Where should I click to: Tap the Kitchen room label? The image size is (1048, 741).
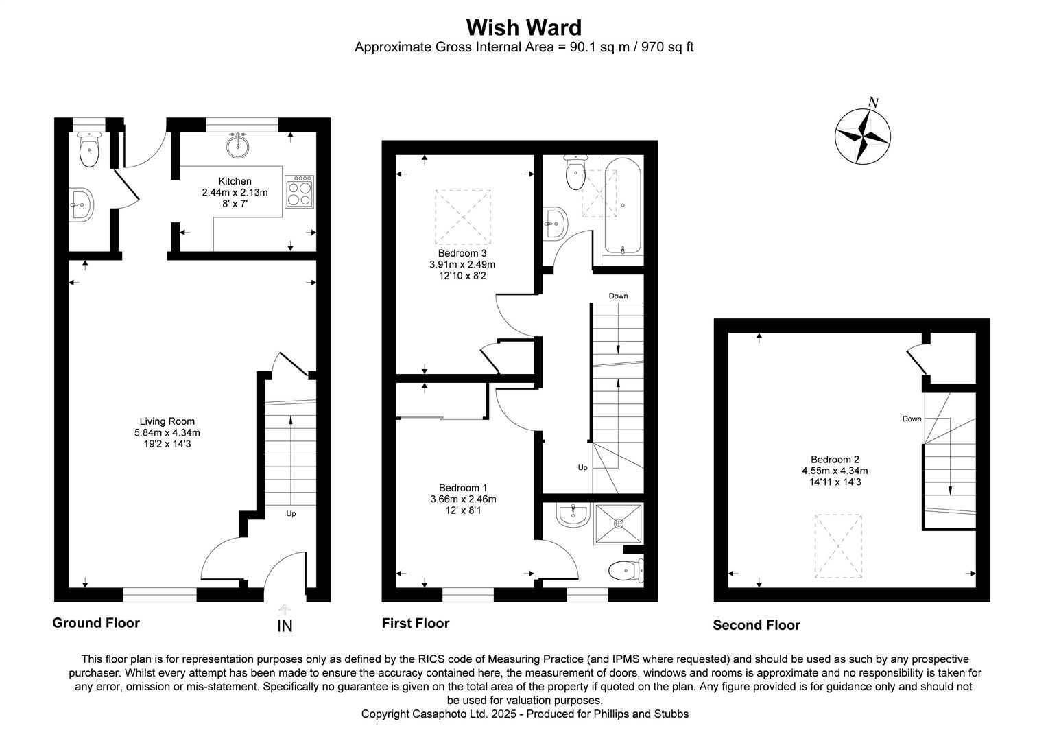pos(235,181)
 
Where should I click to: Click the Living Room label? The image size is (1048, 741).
pos(167,421)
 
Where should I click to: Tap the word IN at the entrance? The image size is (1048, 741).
pos(285,626)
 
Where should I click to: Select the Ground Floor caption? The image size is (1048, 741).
pos(96,623)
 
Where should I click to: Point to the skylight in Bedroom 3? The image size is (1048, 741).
pos(463,217)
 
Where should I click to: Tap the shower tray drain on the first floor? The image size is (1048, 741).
pos(619,524)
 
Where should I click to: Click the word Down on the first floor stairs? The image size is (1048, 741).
pos(618,296)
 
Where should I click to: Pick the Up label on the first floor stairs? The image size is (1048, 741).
pos(582,467)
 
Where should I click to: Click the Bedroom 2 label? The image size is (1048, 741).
pos(835,460)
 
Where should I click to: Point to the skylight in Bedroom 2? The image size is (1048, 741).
pos(837,546)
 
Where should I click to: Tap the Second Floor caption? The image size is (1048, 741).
pos(756,625)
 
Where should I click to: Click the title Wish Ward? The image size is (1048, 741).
pos(523,27)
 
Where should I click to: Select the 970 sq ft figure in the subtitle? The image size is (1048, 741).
pos(667,47)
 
